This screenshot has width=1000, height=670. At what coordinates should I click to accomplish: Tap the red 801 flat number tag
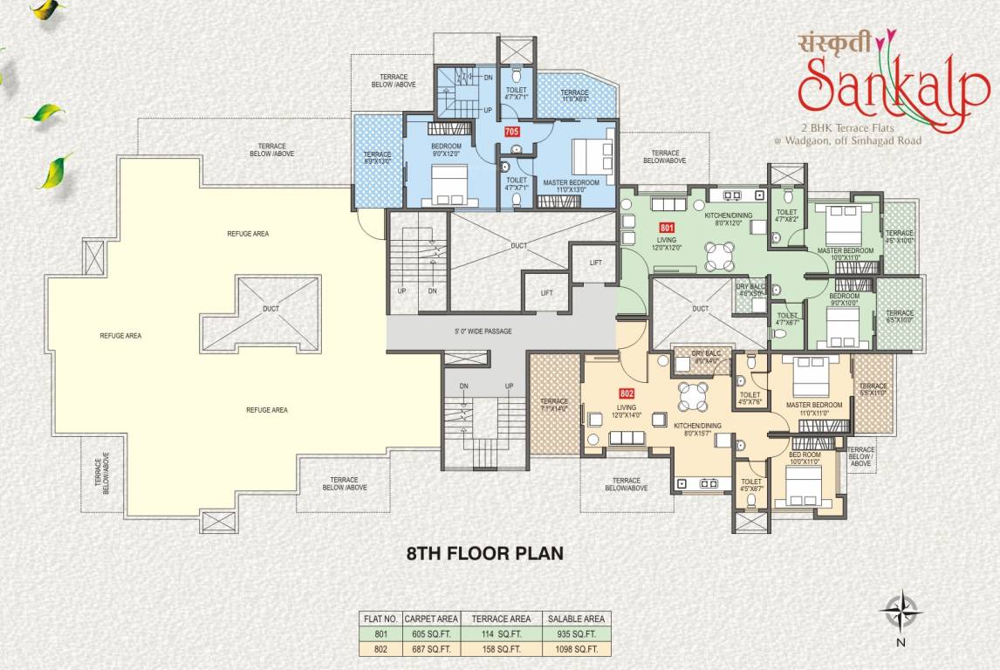668,227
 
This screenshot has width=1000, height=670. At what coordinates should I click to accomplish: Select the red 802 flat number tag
626,393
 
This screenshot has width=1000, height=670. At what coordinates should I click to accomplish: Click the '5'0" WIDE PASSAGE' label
483,332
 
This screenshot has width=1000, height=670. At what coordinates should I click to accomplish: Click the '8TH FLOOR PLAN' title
485,552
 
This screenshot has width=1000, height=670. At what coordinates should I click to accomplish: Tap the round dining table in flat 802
695,397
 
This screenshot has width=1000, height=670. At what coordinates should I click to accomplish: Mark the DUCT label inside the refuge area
271,308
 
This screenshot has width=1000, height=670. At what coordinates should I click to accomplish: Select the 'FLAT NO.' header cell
380,619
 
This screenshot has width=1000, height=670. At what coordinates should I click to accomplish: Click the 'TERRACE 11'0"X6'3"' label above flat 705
574,96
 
